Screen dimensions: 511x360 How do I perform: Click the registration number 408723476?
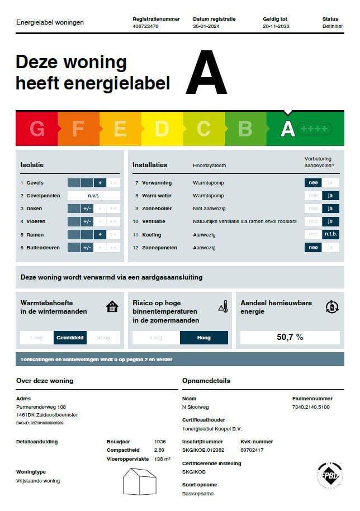coord(145,26)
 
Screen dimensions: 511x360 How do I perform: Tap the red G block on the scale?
coord(37,129)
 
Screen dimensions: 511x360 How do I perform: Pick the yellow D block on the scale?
coord(162,129)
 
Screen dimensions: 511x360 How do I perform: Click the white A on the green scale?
coord(287,129)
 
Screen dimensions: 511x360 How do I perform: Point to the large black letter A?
coord(206,74)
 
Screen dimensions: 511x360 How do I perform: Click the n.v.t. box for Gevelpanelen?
coord(93,196)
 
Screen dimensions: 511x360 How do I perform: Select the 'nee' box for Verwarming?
coord(313,183)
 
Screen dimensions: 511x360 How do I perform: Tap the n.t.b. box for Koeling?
coord(330,234)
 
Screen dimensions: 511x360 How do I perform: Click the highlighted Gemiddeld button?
coord(70,338)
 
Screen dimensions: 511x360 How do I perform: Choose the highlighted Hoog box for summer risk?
coord(203,338)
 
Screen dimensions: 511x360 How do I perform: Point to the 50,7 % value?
coord(290,337)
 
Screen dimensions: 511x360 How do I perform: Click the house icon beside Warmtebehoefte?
coord(112,307)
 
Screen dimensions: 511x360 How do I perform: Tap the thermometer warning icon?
coord(222,306)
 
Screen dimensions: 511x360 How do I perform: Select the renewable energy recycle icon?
coord(331,306)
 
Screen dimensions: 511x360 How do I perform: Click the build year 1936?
coord(160,442)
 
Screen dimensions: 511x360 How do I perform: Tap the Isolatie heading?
coord(32,165)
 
